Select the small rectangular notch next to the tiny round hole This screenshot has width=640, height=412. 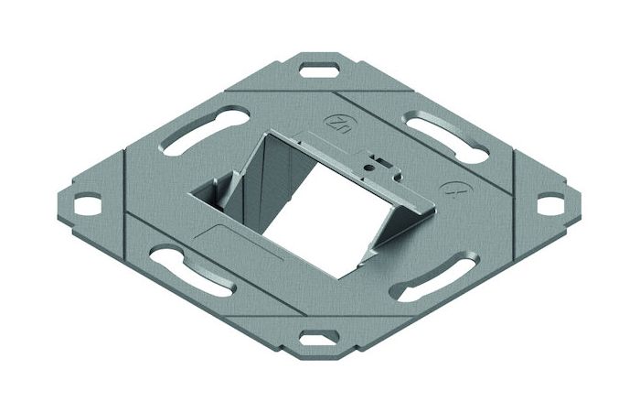click(383, 163)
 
